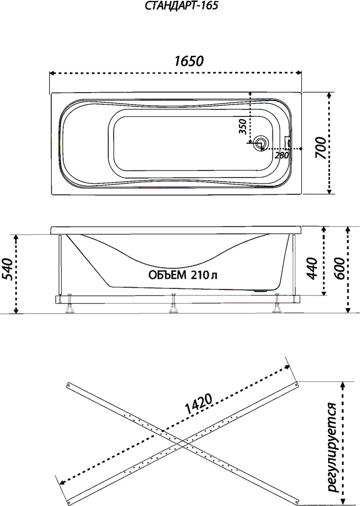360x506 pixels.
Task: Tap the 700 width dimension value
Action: click(x=321, y=147)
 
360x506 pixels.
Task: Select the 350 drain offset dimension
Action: click(x=243, y=126)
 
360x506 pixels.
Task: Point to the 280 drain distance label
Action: click(x=281, y=155)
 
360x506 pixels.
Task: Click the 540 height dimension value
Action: click(x=8, y=269)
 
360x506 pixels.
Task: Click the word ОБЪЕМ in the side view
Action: click(x=167, y=275)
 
